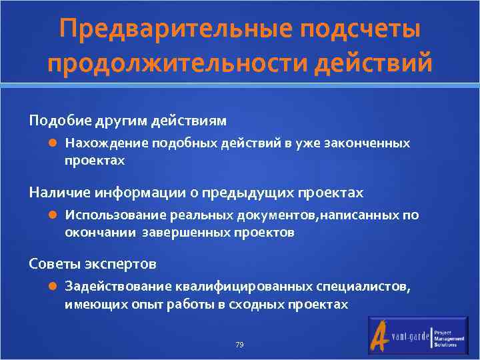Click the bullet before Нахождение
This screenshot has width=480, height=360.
53,143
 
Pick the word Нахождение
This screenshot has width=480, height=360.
106,143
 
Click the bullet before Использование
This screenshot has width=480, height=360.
53,215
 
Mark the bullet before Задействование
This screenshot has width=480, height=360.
53,286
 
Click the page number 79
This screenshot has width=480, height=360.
239,345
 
